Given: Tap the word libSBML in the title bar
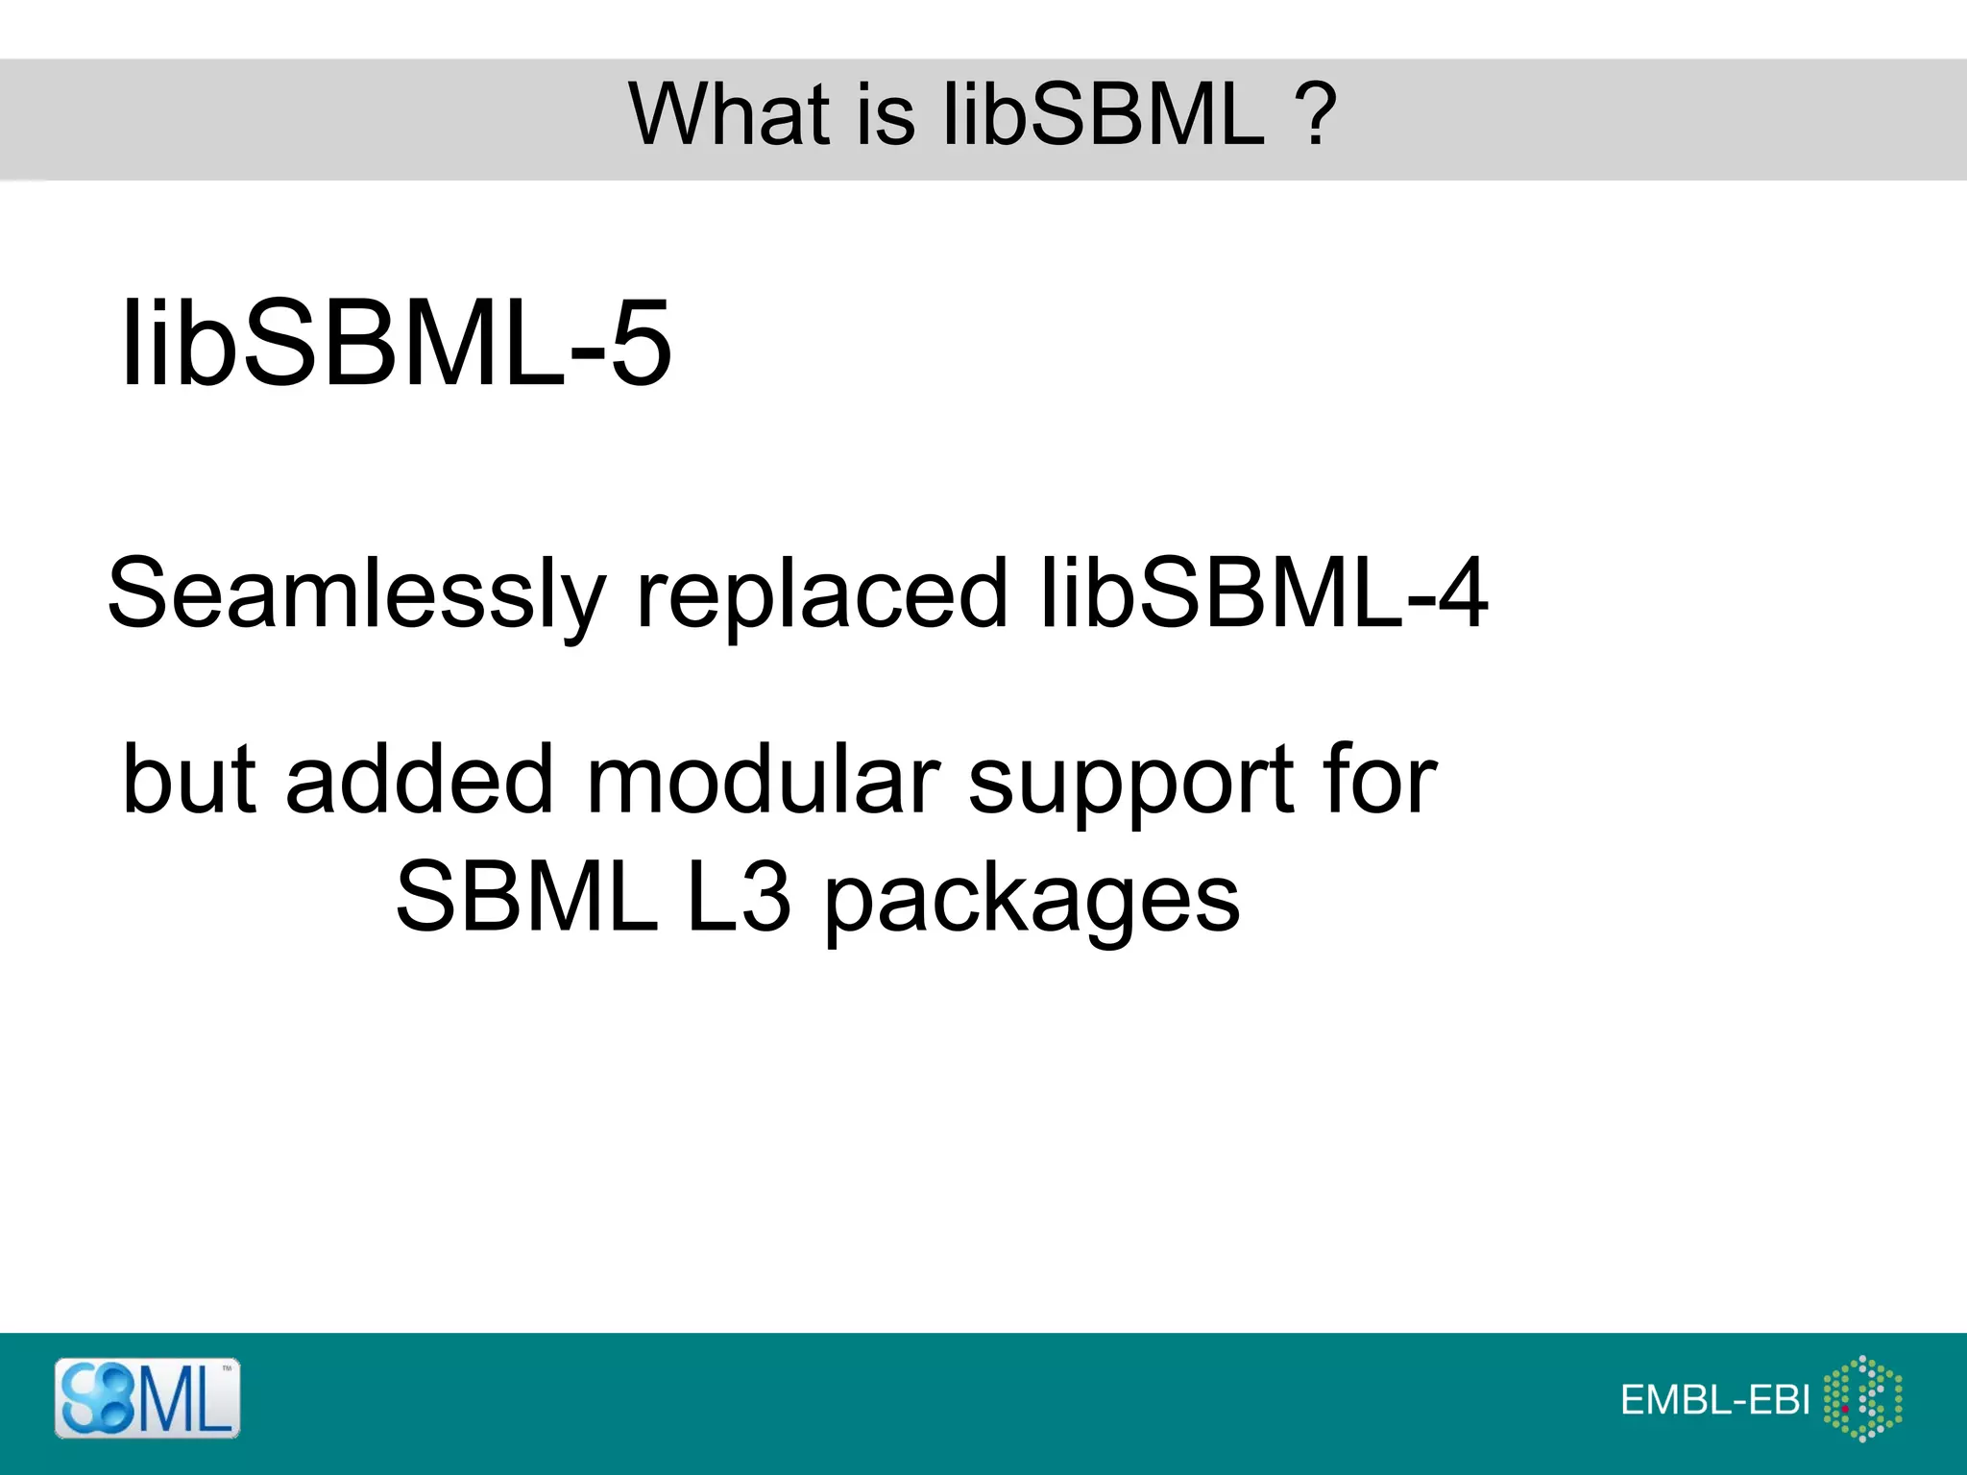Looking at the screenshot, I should [1104, 114].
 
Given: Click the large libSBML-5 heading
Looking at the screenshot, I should [396, 343].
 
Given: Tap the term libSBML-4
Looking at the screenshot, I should [1264, 592].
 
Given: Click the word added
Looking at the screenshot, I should [421, 779].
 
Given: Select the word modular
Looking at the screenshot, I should [763, 779].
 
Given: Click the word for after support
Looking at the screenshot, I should [1379, 779].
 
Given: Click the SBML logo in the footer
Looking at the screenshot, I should [147, 1398].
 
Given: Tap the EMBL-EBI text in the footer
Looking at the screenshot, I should [1715, 1400].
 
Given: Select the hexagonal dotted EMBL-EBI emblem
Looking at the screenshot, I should [1862, 1398].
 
